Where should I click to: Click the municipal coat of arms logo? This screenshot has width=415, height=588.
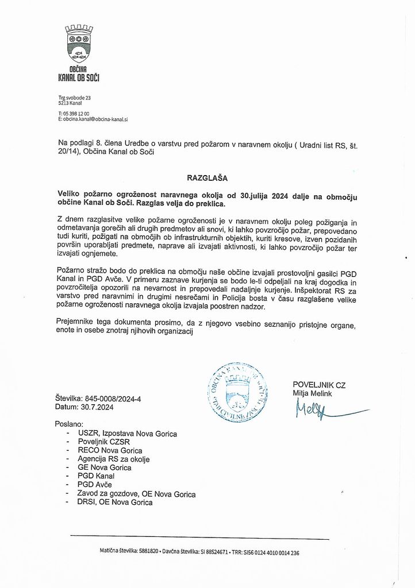click(79, 44)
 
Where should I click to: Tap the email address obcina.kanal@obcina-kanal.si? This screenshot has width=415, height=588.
click(95, 119)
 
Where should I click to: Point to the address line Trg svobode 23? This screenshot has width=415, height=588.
click(75, 98)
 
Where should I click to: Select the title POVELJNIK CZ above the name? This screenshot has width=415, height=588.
click(319, 384)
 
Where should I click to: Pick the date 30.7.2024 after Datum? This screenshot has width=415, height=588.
click(96, 407)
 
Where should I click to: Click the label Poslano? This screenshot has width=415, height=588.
click(70, 423)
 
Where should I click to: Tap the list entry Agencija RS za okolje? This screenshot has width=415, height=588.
click(113, 459)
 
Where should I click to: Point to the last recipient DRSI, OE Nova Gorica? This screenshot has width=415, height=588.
click(115, 502)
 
